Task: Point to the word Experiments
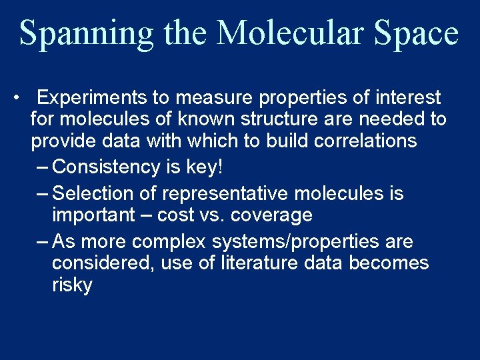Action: (x=92, y=98)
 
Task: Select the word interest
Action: (x=407, y=98)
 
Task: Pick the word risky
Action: (x=72, y=285)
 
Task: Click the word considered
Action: (x=104, y=263)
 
